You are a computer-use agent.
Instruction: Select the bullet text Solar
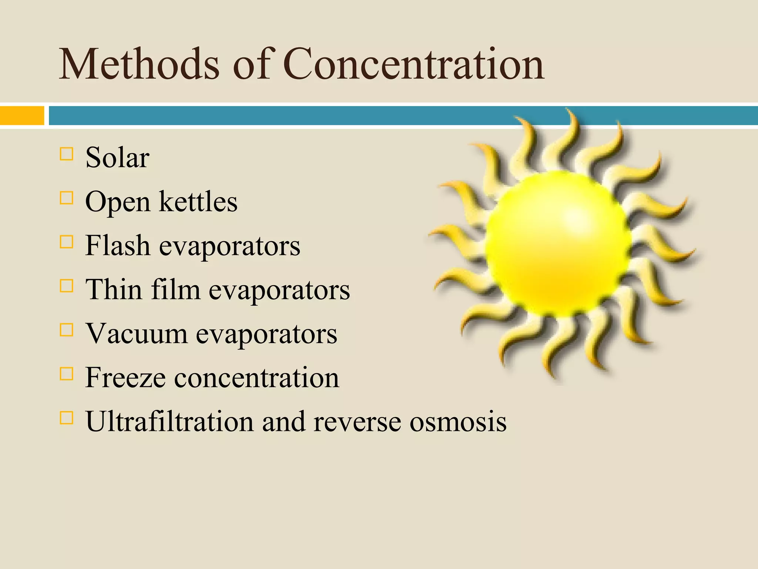click(x=117, y=158)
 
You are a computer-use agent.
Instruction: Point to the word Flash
click(x=117, y=246)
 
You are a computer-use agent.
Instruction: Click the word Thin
click(x=114, y=290)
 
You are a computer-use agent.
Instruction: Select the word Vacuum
click(x=137, y=334)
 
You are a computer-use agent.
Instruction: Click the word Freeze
click(x=125, y=377)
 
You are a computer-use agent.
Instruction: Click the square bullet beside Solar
click(x=66, y=154)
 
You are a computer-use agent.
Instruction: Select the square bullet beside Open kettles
click(x=66, y=198)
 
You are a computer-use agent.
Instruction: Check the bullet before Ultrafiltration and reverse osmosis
click(x=66, y=417)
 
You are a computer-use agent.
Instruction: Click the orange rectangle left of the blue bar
click(x=22, y=116)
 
